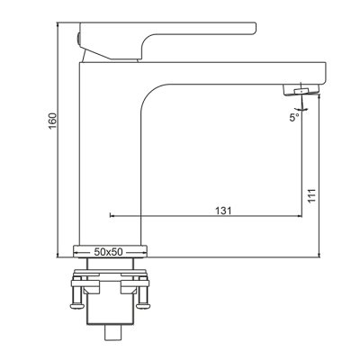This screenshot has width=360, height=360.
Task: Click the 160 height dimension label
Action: click(x=52, y=121)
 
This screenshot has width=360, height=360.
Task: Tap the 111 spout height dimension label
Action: click(x=311, y=195)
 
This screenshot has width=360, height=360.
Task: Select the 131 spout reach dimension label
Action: click(x=223, y=211)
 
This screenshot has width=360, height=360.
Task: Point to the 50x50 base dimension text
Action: click(x=108, y=252)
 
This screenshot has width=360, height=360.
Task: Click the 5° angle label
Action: click(x=294, y=117)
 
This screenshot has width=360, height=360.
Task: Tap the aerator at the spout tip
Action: click(x=301, y=90)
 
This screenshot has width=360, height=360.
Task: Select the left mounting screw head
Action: click(x=76, y=306)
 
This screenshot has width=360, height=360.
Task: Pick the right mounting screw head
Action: click(x=142, y=306)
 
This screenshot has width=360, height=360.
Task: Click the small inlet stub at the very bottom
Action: click(x=113, y=332)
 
